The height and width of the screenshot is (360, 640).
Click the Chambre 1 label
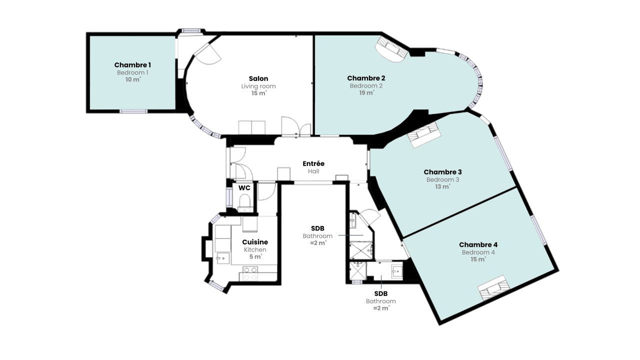point(132,65)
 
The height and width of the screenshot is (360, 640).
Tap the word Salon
point(258,78)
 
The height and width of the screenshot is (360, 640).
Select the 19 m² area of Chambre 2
point(366,93)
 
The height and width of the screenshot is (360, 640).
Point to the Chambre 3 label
point(442,172)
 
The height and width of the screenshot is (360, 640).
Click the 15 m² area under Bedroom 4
point(478,259)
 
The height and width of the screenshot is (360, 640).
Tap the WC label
point(244,188)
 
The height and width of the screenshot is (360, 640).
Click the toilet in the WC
point(245,201)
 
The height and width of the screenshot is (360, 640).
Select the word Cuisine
point(255,242)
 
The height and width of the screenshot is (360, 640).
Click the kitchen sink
point(223,258)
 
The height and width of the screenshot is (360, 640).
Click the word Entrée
point(313,163)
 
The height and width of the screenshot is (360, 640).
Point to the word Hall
point(313,171)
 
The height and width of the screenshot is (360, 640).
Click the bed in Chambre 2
point(391,48)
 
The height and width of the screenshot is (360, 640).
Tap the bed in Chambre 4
point(493,287)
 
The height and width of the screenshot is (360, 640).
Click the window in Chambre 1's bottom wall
point(133,111)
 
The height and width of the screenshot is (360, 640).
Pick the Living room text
point(258,86)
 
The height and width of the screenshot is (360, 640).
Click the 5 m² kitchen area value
point(255,257)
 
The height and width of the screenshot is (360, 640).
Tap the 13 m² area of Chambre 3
point(442,187)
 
